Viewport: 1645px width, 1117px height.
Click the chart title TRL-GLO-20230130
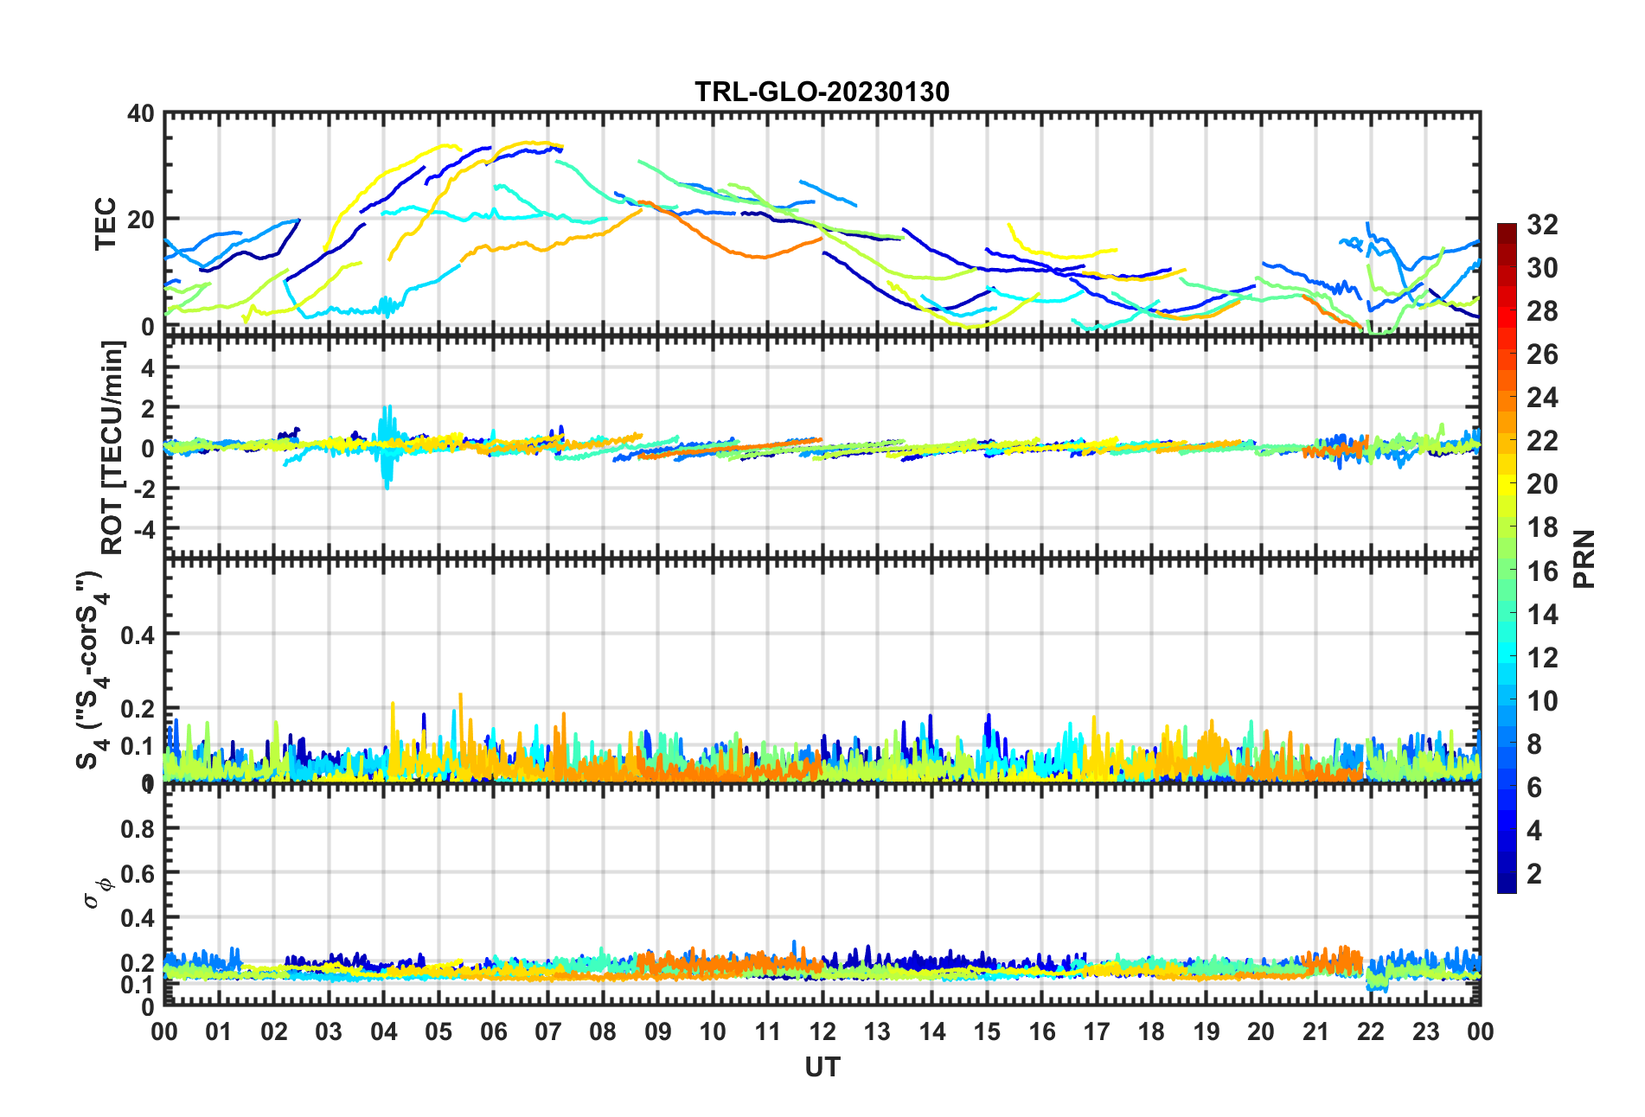(x=822, y=92)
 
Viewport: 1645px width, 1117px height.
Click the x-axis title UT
(x=822, y=1068)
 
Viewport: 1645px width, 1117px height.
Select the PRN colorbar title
(x=1584, y=558)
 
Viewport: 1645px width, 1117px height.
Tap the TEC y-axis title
(x=106, y=223)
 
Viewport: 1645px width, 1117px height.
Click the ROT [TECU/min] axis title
(x=112, y=447)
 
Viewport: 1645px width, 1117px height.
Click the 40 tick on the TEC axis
(x=140, y=114)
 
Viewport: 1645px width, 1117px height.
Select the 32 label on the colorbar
(x=1542, y=225)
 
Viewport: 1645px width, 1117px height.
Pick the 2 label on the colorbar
(x=1534, y=873)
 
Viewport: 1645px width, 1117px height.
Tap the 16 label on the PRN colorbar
(x=1542, y=571)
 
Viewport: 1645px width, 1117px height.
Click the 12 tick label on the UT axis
(x=822, y=1031)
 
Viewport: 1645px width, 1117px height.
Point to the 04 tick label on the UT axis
(x=384, y=1031)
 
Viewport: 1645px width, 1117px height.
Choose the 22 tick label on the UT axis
(x=1371, y=1031)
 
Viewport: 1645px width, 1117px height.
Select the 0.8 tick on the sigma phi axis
(x=138, y=828)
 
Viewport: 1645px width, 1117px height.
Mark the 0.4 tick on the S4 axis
(x=138, y=635)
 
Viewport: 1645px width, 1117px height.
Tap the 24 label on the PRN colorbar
(x=1542, y=398)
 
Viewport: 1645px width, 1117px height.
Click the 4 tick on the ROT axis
(x=148, y=367)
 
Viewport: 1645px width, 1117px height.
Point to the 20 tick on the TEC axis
(x=140, y=220)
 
